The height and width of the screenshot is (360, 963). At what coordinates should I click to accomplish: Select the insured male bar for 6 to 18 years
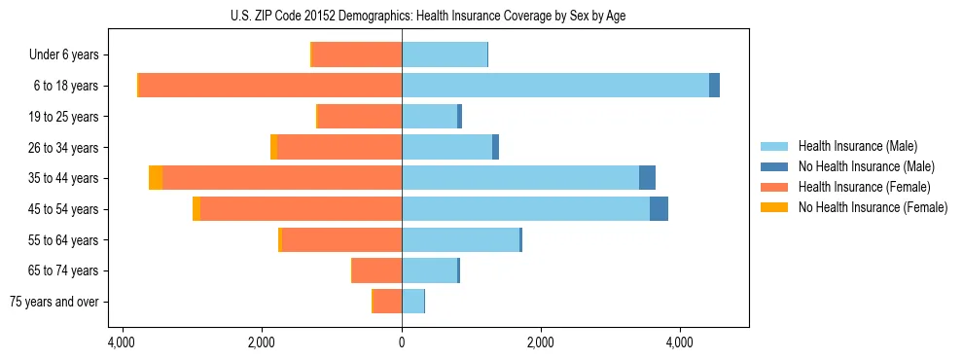[x=554, y=85]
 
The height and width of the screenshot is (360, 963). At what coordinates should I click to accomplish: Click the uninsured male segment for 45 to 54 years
[x=659, y=208]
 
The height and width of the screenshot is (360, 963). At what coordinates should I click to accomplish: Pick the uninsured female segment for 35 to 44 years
[x=156, y=177]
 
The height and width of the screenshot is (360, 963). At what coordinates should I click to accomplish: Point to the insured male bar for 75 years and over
[x=412, y=301]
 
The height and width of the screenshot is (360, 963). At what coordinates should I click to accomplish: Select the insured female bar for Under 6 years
[x=357, y=54]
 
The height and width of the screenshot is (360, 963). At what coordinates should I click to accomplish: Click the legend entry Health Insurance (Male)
[x=857, y=146]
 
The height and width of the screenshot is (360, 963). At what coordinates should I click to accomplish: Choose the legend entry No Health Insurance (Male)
[x=866, y=166]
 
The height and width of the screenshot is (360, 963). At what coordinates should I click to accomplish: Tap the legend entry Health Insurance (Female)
[x=864, y=187]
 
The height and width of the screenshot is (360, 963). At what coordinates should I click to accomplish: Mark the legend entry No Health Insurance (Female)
[x=873, y=207]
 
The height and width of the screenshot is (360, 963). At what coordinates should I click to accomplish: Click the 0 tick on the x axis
[x=402, y=342]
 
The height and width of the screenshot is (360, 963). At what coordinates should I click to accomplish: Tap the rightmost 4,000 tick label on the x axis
[x=679, y=342]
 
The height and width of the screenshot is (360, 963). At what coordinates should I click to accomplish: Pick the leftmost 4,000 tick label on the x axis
[x=124, y=342]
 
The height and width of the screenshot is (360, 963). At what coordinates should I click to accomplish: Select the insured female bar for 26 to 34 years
[x=339, y=147]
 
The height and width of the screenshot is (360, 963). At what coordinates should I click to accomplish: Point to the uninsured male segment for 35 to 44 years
[x=647, y=177]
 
